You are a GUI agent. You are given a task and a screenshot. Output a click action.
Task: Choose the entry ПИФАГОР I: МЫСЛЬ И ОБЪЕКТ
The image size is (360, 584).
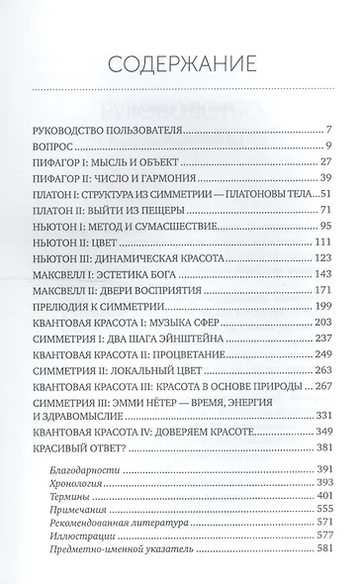[109, 172]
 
